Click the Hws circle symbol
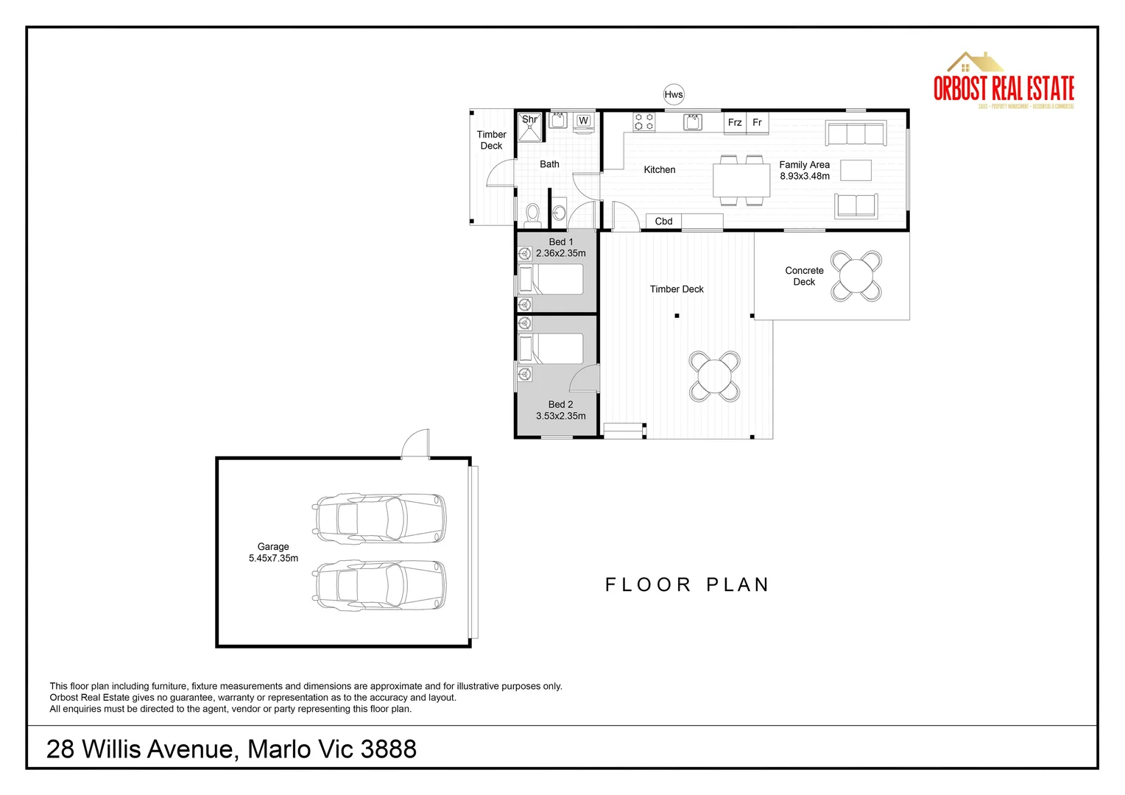(674, 94)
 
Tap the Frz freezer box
(735, 123)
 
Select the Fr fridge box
(758, 123)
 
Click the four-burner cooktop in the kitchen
(644, 121)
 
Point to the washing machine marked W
(583, 121)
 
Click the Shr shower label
(529, 119)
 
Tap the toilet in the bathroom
(532, 214)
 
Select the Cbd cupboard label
(663, 222)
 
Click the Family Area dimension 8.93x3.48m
(805, 177)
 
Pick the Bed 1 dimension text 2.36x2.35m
(561, 253)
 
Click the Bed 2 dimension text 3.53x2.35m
(561, 416)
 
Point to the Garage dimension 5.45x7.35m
(273, 559)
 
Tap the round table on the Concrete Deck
(856, 276)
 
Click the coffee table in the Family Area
(856, 171)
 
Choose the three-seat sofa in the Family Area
(856, 133)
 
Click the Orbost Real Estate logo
(1004, 81)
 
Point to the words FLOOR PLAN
(687, 585)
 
